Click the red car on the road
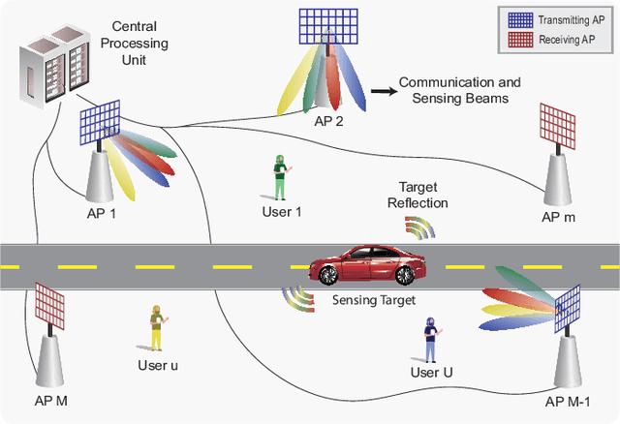click(359, 263)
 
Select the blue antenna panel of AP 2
click(327, 29)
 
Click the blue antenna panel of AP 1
click(102, 125)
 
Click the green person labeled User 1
click(279, 175)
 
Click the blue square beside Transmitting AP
click(513, 17)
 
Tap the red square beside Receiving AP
click(513, 39)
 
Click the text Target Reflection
click(418, 195)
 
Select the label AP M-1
click(568, 402)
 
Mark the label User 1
click(282, 212)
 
